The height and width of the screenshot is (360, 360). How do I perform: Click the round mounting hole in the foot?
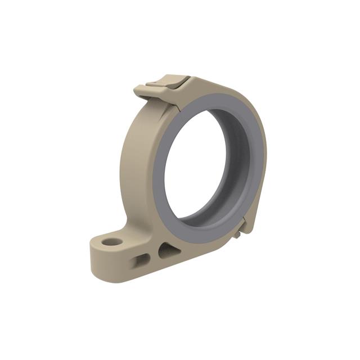click(113, 242)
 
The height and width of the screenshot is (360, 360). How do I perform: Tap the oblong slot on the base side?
click(141, 259)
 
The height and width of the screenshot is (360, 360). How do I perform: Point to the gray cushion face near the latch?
click(191, 101)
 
